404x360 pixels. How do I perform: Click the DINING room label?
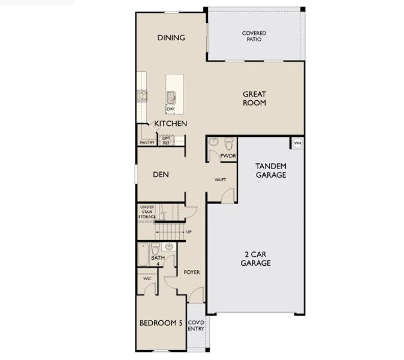(x=171, y=38)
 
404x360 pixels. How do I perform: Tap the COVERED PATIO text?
(x=254, y=36)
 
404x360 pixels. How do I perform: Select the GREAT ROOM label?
(x=254, y=98)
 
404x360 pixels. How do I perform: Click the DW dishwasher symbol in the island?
(x=170, y=109)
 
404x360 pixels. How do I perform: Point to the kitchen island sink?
(x=171, y=95)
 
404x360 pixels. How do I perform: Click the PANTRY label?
(x=147, y=143)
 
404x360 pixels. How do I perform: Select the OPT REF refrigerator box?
(x=166, y=140)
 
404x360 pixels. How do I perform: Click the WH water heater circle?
(x=297, y=143)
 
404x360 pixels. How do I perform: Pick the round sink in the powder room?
(x=213, y=143)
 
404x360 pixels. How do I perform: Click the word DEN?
(x=160, y=175)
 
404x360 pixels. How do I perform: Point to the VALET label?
(x=220, y=179)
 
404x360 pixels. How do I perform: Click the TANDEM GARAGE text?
(x=270, y=170)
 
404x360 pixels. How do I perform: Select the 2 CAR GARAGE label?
(x=256, y=259)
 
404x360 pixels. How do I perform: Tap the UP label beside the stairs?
(x=189, y=232)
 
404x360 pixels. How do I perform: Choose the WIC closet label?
(x=147, y=278)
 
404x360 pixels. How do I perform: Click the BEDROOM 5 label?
(x=161, y=323)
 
